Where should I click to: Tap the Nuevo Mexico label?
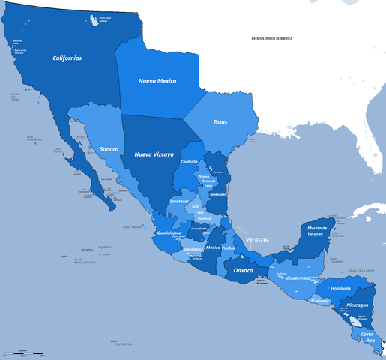pyautogui.click(x=157, y=80)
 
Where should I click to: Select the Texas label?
pyautogui.click(x=220, y=121)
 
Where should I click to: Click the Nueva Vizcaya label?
pyautogui.click(x=154, y=154)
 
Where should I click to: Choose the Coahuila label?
pyautogui.click(x=190, y=161)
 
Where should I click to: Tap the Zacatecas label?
pyautogui.click(x=179, y=201)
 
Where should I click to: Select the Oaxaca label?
pyautogui.click(x=244, y=269)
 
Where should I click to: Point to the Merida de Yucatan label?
pyautogui.click(x=314, y=231)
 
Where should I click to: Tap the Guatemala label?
pyautogui.click(x=298, y=277)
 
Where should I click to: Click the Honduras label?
pyautogui.click(x=340, y=289)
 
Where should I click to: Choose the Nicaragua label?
pyautogui.click(x=357, y=305)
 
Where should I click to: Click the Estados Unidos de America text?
pyautogui.click(x=271, y=37)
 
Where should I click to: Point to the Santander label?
pyautogui.click(x=218, y=194)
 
